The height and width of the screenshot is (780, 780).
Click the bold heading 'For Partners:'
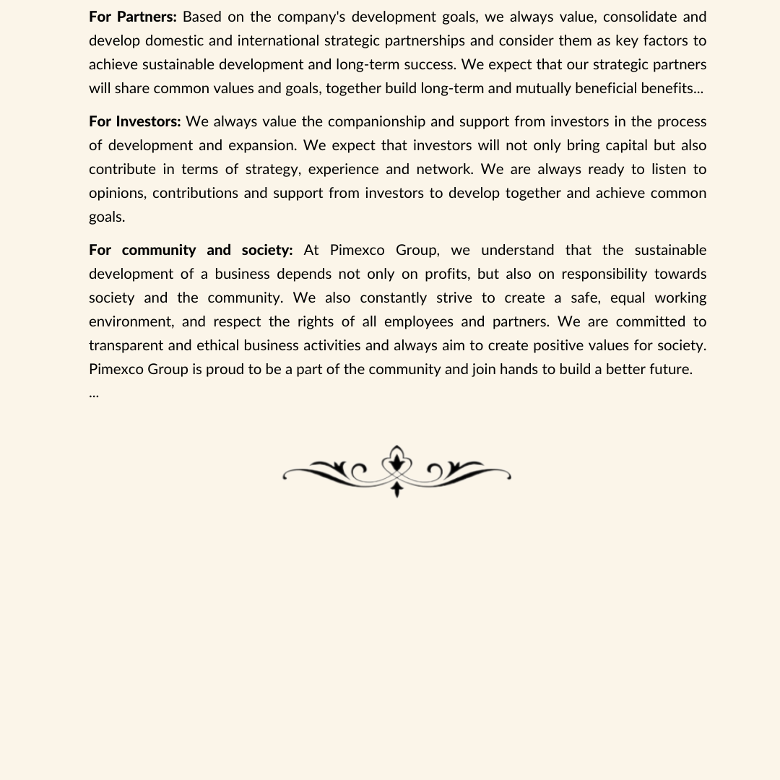pyautogui.click(x=133, y=17)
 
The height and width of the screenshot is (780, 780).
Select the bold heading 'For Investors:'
pyautogui.click(x=135, y=121)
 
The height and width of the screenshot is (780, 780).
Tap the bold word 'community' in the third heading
pyautogui.click(x=159, y=250)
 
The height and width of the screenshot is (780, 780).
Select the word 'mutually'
pyautogui.click(x=541, y=88)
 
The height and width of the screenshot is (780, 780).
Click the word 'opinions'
pyautogui.click(x=117, y=193)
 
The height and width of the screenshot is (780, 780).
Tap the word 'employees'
pyautogui.click(x=419, y=321)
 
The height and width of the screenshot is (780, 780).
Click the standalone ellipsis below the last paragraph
pyautogui.click(x=94, y=394)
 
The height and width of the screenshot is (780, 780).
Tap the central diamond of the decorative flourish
pyautogui.click(x=396, y=463)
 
